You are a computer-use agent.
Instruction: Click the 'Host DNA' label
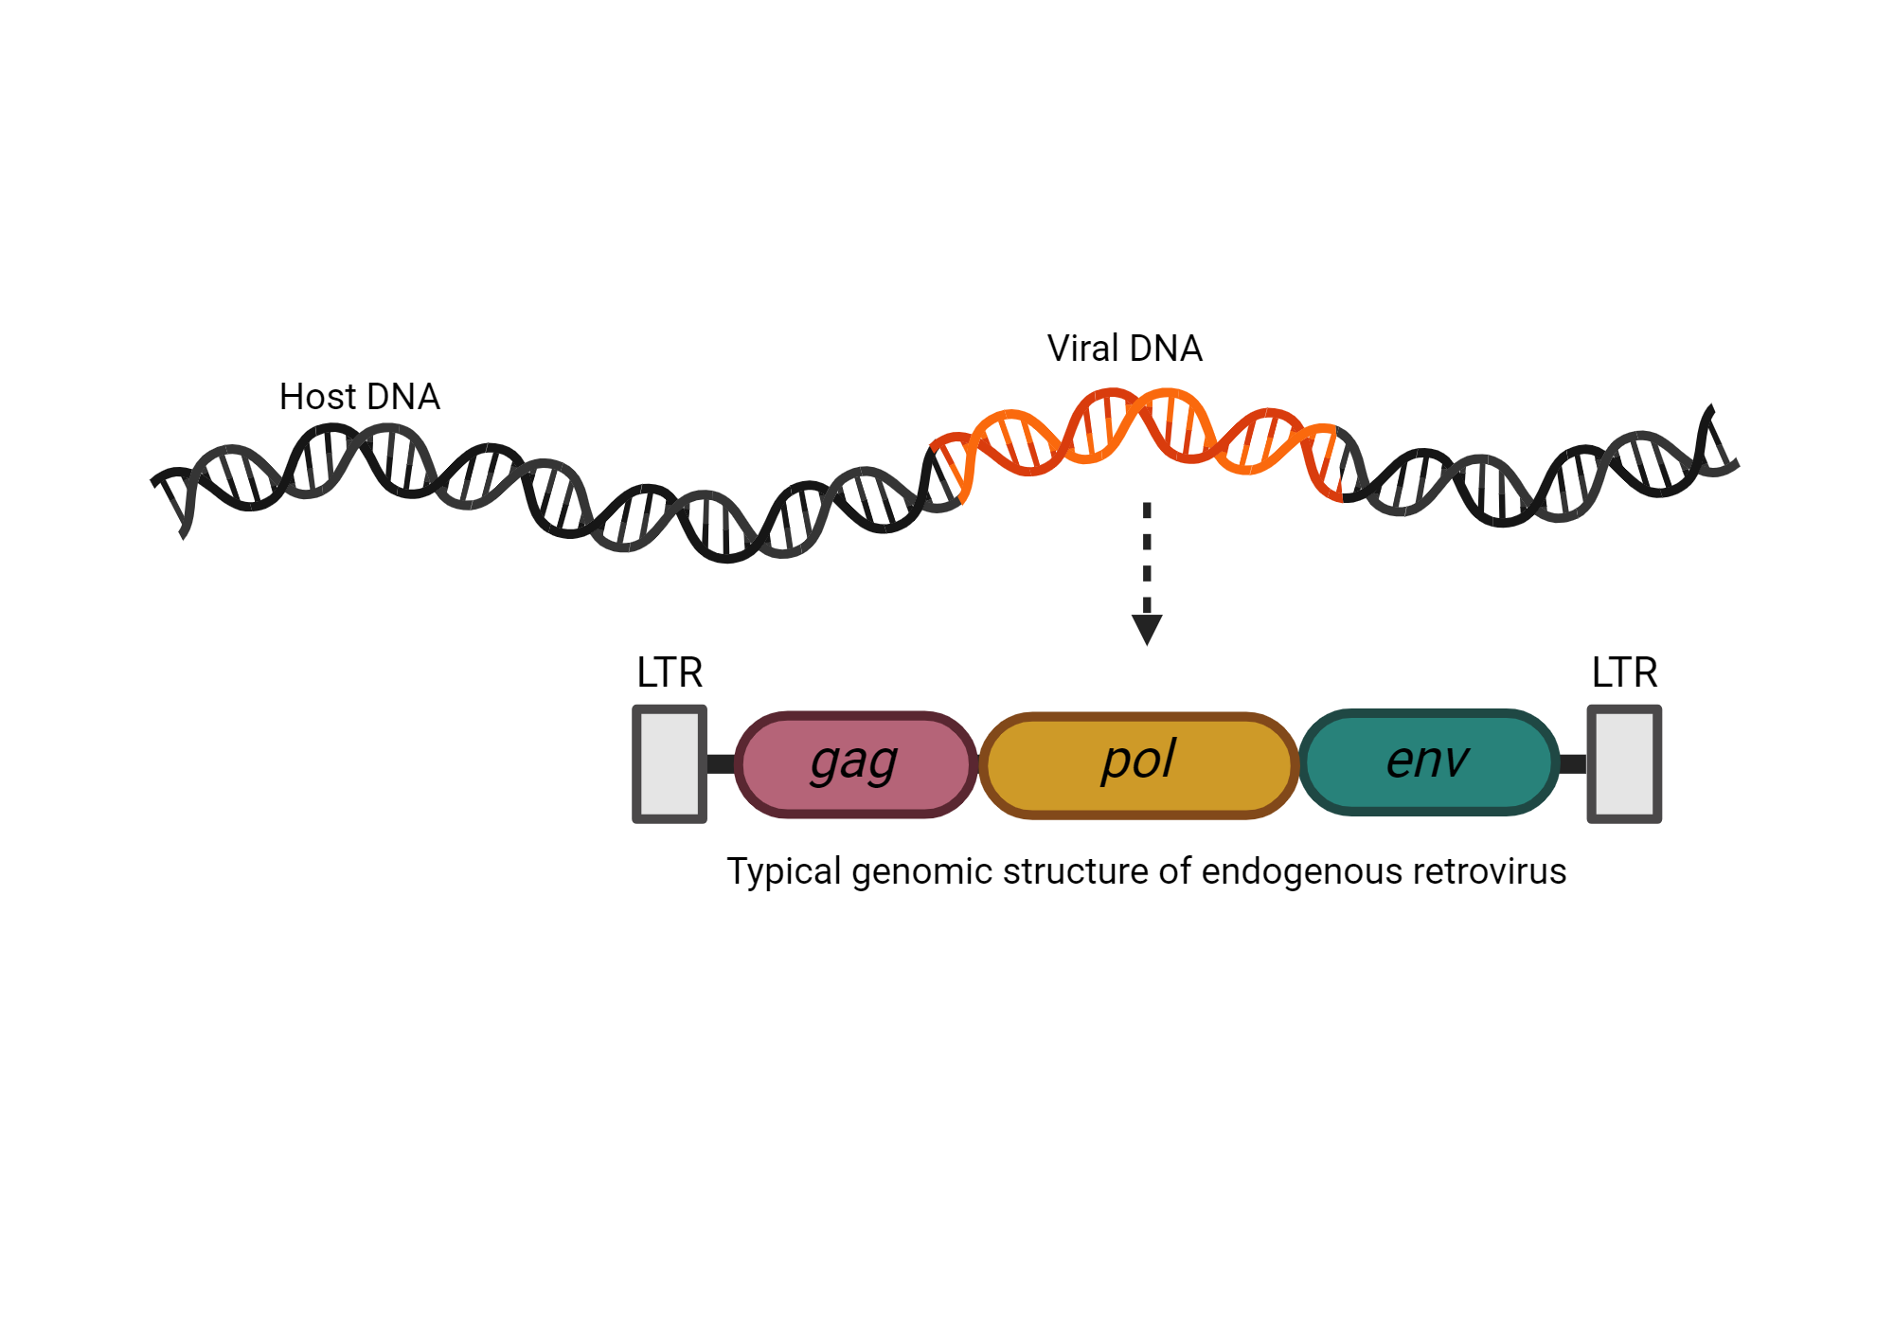(x=359, y=397)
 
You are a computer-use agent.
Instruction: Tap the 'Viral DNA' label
(x=1124, y=349)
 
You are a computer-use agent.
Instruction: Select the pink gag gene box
(x=855, y=763)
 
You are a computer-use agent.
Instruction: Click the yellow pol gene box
(x=1138, y=763)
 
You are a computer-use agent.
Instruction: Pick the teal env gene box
(x=1428, y=762)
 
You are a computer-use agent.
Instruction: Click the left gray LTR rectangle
(x=670, y=763)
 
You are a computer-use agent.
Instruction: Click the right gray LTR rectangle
(x=1624, y=763)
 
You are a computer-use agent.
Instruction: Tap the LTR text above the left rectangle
(x=670, y=672)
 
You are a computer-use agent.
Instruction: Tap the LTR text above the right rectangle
(x=1624, y=672)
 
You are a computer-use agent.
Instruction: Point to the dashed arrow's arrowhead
(x=1147, y=629)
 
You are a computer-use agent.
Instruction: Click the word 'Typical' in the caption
(x=783, y=871)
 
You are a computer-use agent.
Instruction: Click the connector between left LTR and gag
(x=721, y=763)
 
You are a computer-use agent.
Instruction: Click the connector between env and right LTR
(x=1572, y=763)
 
